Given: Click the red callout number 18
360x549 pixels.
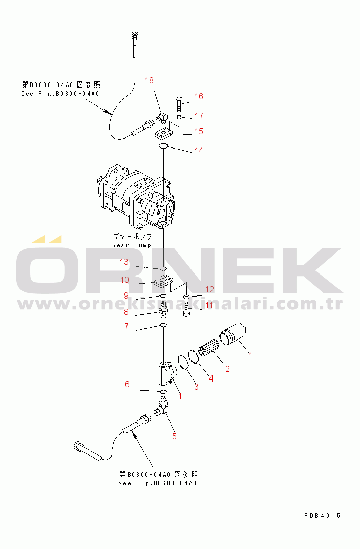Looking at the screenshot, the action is tap(149, 80).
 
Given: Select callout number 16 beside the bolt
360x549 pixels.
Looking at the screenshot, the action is tap(199, 96).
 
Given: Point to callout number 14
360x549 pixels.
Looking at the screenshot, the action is tap(199, 151).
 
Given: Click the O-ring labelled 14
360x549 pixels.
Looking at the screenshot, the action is tap(163, 145).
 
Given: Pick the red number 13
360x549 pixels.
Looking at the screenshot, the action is tap(124, 262).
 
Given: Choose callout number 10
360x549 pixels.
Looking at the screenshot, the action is tap(124, 280).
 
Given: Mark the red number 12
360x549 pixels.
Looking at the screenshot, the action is tap(209, 289).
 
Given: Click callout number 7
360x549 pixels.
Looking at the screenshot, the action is tap(126, 326).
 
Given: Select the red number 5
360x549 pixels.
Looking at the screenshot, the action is tap(174, 436).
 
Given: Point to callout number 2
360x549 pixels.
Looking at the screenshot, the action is tap(228, 369).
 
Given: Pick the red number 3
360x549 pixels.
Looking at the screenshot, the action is tap(196, 387).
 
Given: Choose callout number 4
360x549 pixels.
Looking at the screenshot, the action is tap(211, 378).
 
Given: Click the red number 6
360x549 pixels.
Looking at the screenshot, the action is tap(127, 384).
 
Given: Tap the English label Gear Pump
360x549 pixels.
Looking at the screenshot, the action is tap(132, 245).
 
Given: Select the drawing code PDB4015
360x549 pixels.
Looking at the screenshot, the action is tap(322, 515).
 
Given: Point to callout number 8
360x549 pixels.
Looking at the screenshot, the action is tap(126, 311).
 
